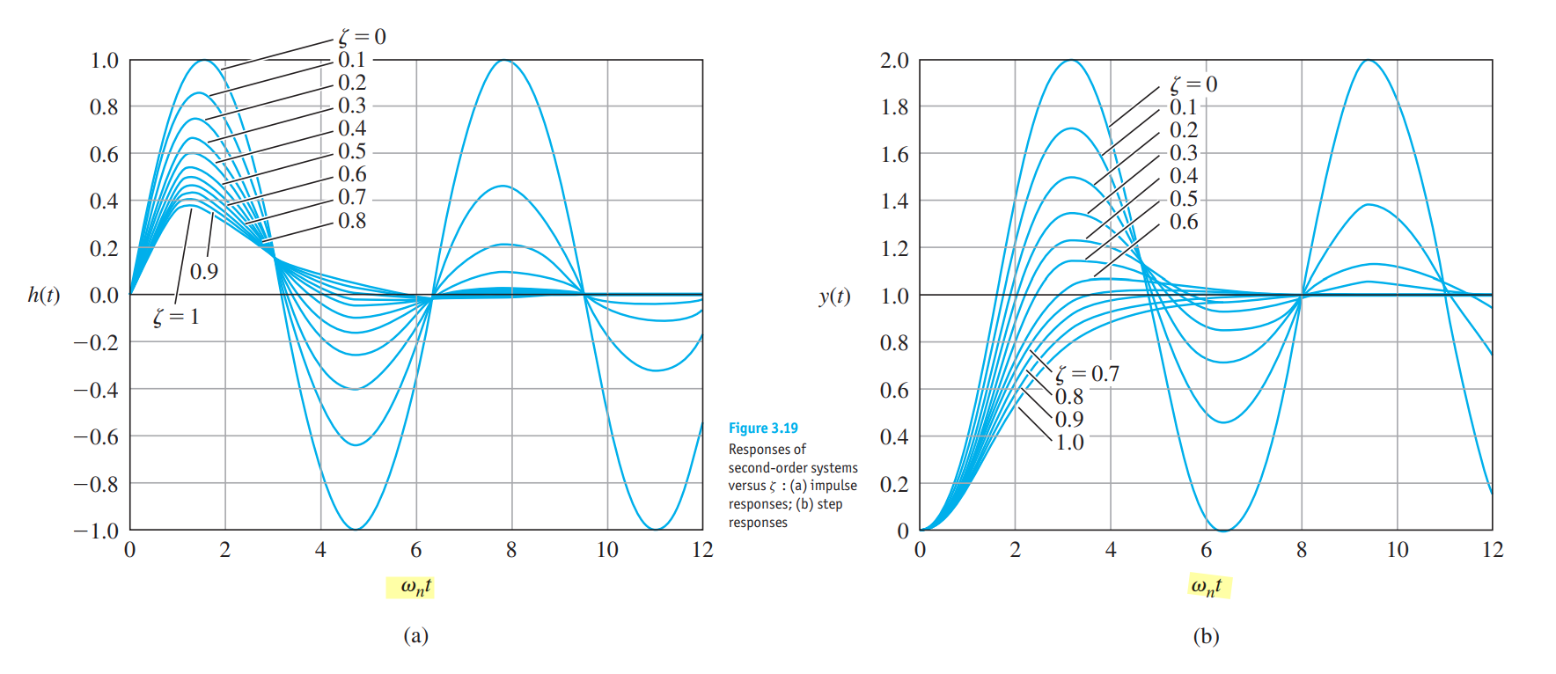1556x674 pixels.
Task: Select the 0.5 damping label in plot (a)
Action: click(352, 151)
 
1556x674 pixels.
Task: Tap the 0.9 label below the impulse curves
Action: click(204, 271)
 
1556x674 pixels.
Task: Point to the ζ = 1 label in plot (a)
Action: click(176, 317)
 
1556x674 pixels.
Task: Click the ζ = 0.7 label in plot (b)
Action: click(1088, 374)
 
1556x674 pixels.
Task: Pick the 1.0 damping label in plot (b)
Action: click(1069, 443)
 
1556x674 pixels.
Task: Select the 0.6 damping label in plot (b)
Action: click(1184, 222)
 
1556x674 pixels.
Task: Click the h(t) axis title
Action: click(44, 295)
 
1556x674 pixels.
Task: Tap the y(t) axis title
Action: click(834, 296)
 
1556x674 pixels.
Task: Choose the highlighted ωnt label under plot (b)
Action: click(1206, 587)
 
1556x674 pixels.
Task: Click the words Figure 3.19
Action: click(763, 429)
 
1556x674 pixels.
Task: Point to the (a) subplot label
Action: click(415, 635)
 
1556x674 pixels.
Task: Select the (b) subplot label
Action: click(1206, 635)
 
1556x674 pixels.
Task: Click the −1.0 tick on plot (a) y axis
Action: click(96, 531)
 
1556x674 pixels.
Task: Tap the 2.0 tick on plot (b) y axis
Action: click(894, 61)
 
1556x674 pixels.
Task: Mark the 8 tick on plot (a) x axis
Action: click(511, 551)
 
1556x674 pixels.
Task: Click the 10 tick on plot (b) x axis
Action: click(1398, 551)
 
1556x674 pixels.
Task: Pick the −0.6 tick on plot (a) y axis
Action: click(96, 436)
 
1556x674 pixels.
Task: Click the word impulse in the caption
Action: click(833, 486)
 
